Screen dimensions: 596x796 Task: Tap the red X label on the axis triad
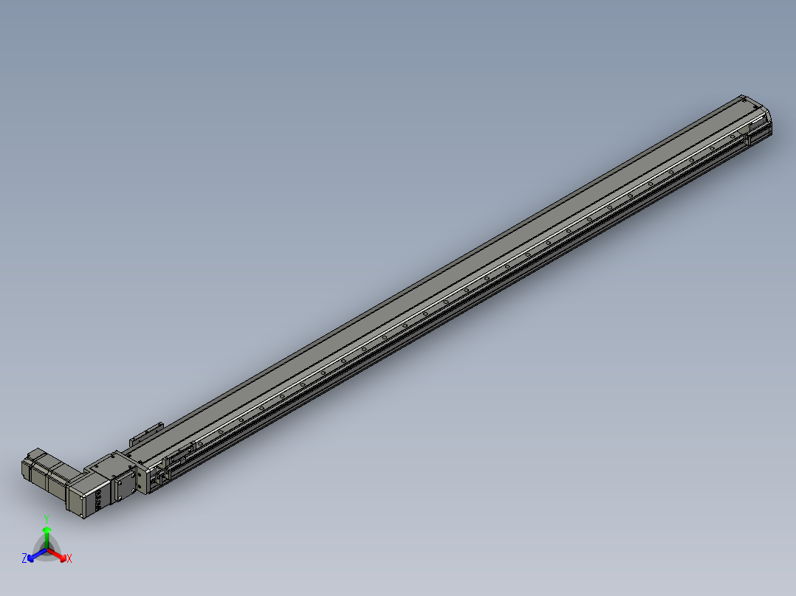pos(69,559)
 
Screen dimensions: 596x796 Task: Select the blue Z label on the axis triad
pos(24,559)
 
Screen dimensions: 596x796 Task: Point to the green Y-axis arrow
pos(47,533)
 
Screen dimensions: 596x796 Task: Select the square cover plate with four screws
pos(125,485)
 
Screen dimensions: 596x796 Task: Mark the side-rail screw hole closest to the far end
pos(732,136)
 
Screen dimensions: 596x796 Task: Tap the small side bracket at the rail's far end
pos(761,133)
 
